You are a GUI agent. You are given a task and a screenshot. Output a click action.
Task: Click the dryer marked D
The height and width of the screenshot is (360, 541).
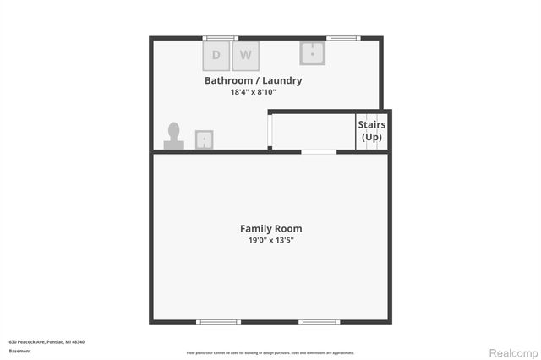coord(216,56)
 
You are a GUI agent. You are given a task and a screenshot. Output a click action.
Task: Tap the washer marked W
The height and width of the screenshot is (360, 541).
coord(246,56)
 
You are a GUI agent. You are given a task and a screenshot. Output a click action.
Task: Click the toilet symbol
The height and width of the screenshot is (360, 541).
coord(174,137)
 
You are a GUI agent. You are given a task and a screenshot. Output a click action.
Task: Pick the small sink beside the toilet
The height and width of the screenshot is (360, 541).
coord(204,139)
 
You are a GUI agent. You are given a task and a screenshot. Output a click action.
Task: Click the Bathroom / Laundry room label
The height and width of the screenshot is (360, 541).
coord(253,81)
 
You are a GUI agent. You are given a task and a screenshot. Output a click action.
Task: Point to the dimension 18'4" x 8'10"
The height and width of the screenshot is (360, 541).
coord(253,92)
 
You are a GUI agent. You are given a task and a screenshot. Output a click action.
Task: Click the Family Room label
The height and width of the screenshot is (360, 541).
coord(270,228)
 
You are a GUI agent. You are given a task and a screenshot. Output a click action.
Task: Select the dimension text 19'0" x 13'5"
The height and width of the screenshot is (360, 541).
coord(270,240)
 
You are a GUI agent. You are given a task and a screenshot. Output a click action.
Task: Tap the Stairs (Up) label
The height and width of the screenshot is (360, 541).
coord(372,131)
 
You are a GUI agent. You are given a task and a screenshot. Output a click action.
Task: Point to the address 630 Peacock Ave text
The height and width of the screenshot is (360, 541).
coord(46,341)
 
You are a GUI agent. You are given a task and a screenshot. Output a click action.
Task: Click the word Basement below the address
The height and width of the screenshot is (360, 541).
coord(19,350)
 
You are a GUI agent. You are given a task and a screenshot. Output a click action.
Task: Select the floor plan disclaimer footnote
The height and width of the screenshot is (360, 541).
coord(270,352)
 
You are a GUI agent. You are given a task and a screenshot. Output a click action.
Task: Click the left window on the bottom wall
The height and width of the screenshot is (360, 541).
coord(219,322)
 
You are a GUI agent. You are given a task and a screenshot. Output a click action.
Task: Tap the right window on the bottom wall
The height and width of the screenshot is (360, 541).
coord(320,322)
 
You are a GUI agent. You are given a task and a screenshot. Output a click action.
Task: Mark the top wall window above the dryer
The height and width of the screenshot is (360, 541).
coord(220,37)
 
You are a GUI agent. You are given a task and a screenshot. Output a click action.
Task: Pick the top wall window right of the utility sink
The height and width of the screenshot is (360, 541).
coord(342,37)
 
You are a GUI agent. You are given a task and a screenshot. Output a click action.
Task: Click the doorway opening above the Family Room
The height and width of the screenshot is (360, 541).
coord(319,151)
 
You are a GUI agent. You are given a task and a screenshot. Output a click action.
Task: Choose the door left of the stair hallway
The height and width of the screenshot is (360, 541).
coord(270,132)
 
